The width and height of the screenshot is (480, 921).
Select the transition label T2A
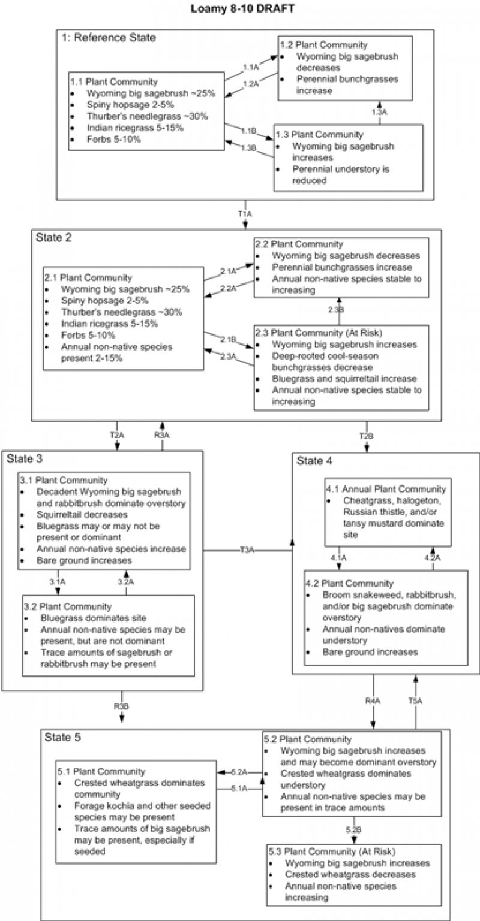(117, 436)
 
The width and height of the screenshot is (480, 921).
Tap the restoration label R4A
(372, 699)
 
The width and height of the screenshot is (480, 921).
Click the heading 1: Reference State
(109, 38)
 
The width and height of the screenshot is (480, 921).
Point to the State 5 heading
(62, 737)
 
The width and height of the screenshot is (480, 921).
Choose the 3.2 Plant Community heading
(68, 606)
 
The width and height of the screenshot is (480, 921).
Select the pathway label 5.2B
(353, 828)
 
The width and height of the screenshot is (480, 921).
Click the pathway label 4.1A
(338, 557)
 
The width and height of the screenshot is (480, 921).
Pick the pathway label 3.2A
(125, 581)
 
